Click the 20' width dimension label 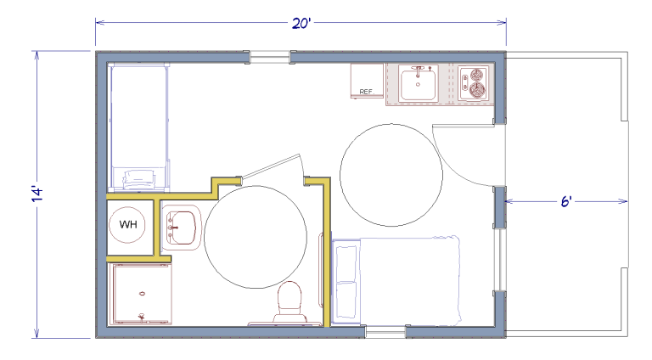301,23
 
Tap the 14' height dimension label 37,194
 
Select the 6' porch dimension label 566,201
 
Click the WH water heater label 128,224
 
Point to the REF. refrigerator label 367,92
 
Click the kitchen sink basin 419,84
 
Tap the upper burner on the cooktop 477,75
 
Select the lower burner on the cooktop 477,90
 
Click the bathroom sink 182,228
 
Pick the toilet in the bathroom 289,302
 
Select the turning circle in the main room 340,175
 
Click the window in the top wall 269,57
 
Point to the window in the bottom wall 385,331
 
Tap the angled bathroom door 271,166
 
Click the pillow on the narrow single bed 139,179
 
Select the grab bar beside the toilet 321,271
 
